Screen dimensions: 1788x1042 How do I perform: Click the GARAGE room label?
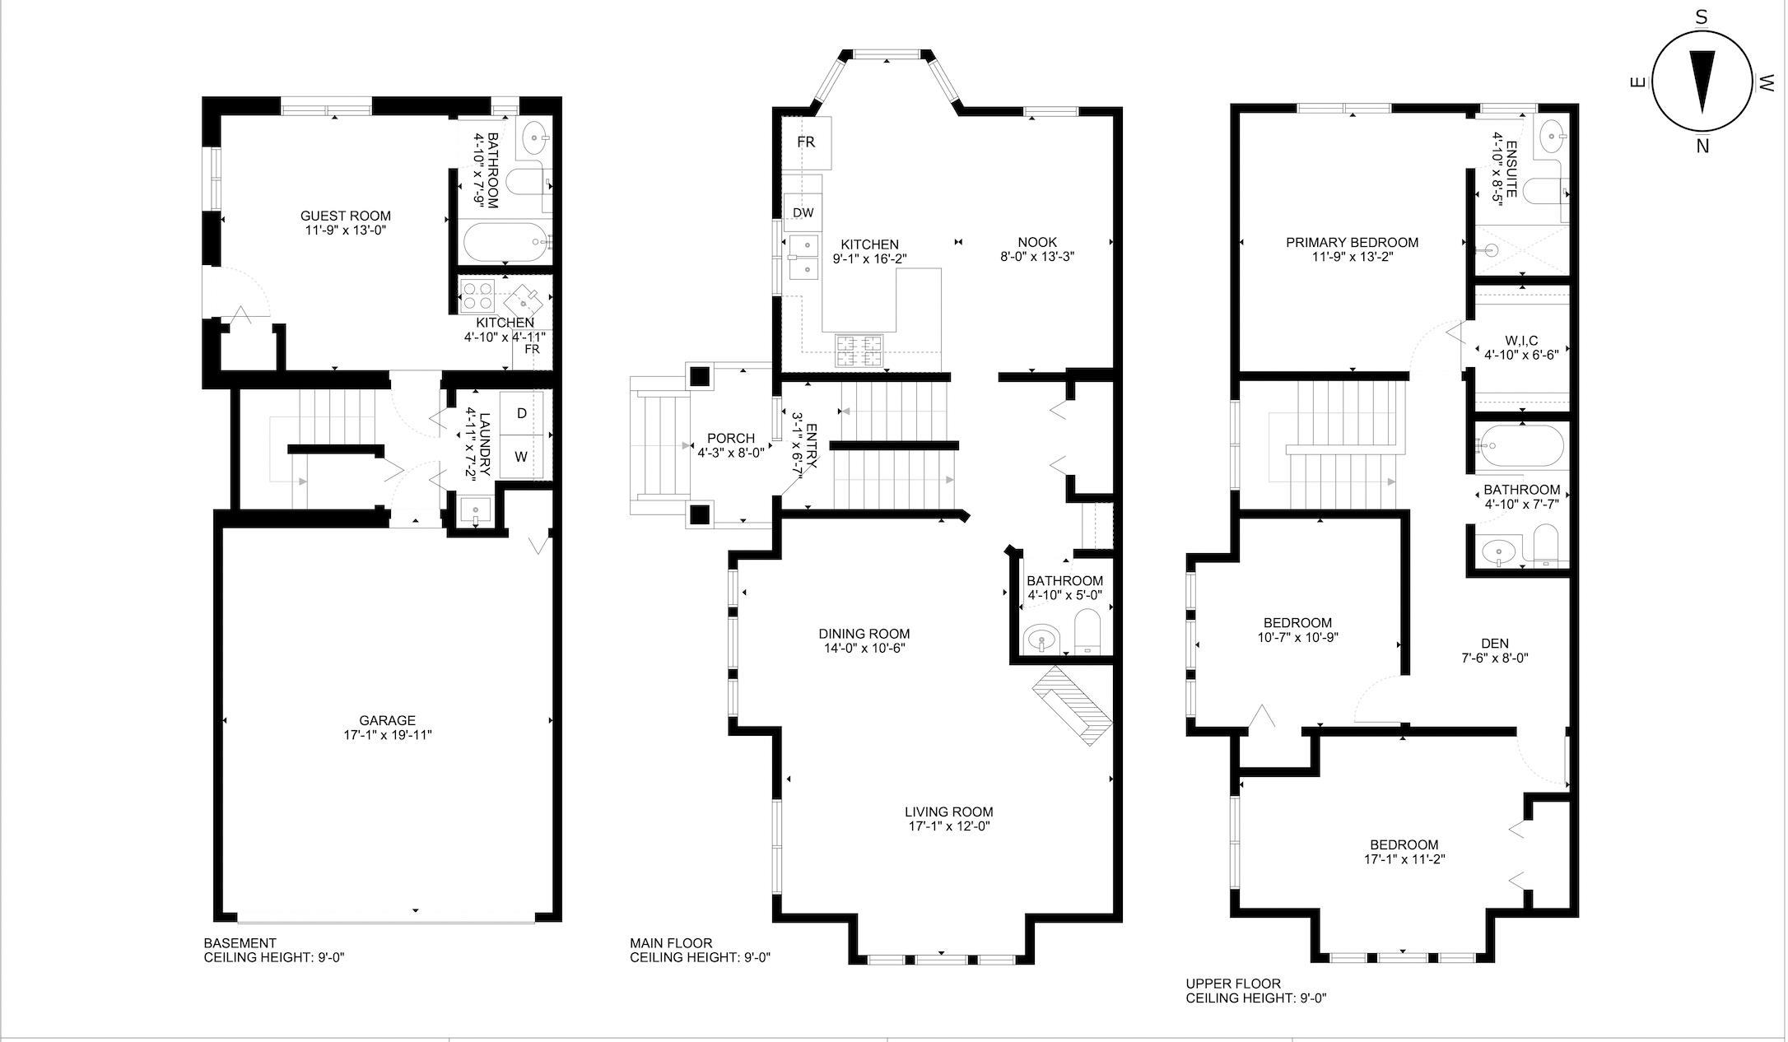[387, 720]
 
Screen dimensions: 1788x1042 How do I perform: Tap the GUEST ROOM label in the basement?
[345, 216]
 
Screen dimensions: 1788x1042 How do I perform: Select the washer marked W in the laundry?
[521, 456]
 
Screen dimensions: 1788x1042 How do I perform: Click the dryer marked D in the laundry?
[521, 413]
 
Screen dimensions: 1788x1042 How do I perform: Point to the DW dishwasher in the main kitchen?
[803, 213]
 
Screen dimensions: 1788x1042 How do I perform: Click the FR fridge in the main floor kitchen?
[806, 142]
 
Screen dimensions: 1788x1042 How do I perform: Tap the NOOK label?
[1037, 242]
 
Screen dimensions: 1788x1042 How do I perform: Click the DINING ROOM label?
[864, 634]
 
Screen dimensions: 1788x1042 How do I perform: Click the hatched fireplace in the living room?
[1073, 705]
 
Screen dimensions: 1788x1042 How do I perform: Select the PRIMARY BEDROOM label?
[1352, 243]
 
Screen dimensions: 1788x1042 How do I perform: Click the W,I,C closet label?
[1521, 340]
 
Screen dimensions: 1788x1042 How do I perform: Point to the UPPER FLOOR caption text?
[1233, 984]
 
